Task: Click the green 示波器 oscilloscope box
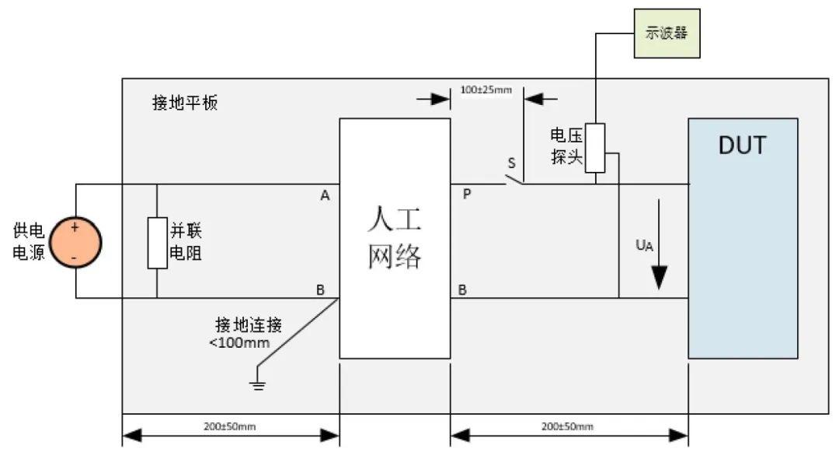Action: pyautogui.click(x=667, y=33)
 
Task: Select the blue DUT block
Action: pyautogui.click(x=743, y=237)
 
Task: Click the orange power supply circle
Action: pyautogui.click(x=75, y=241)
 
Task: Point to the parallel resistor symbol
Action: pyautogui.click(x=157, y=243)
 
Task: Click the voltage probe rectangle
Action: pyautogui.click(x=595, y=148)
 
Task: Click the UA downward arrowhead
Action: pyautogui.click(x=660, y=278)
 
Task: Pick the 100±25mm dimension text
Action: pyautogui.click(x=486, y=89)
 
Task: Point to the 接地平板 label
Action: pyautogui.click(x=185, y=103)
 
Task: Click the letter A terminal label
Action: pyautogui.click(x=325, y=196)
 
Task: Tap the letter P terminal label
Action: pyautogui.click(x=467, y=194)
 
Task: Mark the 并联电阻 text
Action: pyautogui.click(x=186, y=242)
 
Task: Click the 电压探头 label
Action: pyautogui.click(x=566, y=145)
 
